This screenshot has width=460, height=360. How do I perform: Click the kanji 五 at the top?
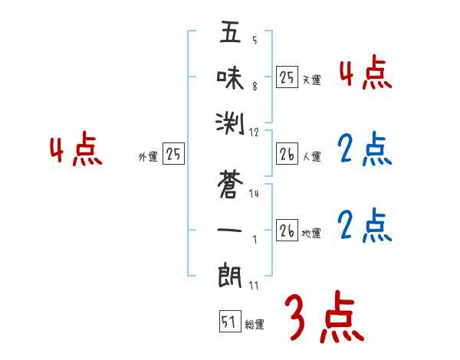(231, 34)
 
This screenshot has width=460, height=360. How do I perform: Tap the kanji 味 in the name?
(231, 77)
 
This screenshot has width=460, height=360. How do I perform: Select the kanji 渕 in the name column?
(231, 119)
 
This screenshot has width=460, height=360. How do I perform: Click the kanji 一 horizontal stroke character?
(231, 229)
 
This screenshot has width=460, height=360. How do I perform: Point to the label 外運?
(148, 156)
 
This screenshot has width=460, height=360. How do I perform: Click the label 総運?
(255, 325)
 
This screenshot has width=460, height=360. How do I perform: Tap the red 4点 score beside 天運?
(365, 74)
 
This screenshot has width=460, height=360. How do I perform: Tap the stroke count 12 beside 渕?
(254, 133)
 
